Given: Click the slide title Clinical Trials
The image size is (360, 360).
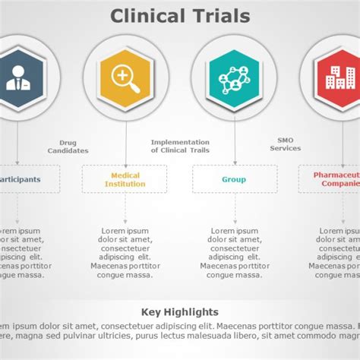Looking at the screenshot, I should [x=180, y=15].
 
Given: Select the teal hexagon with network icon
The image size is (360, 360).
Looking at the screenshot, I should [x=234, y=76].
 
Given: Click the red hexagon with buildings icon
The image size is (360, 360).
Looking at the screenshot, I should [x=339, y=76].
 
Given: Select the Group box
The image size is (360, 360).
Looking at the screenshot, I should [x=234, y=179].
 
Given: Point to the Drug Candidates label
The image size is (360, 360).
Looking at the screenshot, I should [x=68, y=147].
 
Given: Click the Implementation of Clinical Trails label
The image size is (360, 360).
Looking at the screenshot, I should [x=180, y=146].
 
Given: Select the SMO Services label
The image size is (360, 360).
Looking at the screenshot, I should [x=286, y=144].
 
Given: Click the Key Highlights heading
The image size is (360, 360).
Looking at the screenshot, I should [x=180, y=312].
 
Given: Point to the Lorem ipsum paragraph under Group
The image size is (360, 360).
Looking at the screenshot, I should [x=234, y=252].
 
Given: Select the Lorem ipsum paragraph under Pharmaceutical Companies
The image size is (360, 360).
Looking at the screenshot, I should [x=334, y=252].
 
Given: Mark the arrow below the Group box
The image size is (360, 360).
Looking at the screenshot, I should [x=234, y=207].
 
